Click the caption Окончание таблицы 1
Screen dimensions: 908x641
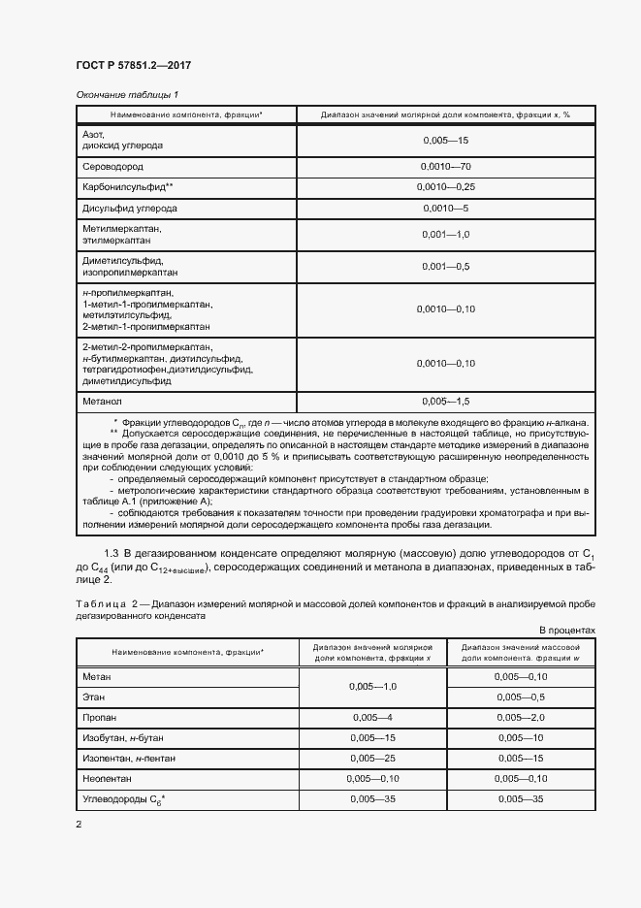127,94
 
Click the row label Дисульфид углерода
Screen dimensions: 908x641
130,209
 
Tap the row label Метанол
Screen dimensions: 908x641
103,402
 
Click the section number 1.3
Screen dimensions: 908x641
112,553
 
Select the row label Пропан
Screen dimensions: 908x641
101,719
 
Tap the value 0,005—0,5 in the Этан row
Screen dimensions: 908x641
520,697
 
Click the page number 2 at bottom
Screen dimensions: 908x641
79,825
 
